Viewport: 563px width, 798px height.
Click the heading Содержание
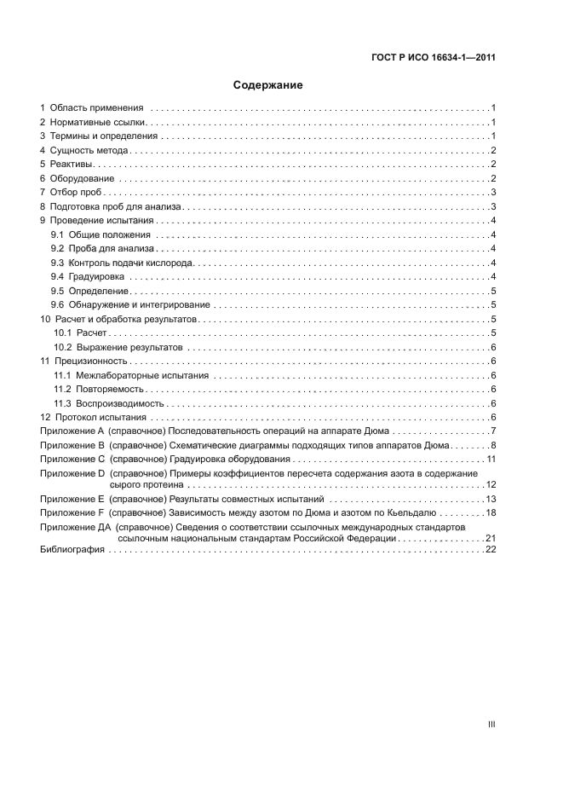pos(268,85)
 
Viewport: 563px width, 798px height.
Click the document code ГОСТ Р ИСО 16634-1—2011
pos(434,58)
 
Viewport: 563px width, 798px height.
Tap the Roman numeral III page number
pos(491,724)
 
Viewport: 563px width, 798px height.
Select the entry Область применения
pos(96,108)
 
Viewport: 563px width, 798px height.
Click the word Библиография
pos(72,550)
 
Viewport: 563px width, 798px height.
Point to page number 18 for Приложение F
pos(491,513)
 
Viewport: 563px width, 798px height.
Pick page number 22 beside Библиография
pos(491,550)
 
